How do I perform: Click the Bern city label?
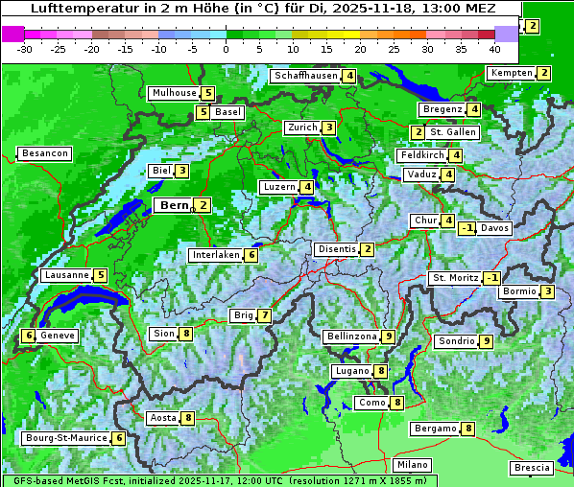click(x=175, y=205)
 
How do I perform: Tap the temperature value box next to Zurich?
click(x=329, y=128)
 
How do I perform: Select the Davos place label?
click(x=495, y=228)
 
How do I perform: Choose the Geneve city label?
click(x=58, y=336)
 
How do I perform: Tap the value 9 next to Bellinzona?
click(x=388, y=336)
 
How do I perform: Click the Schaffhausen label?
click(x=305, y=76)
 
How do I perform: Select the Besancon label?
click(x=45, y=153)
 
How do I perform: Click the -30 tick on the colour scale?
click(x=25, y=49)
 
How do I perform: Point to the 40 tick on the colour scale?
click(x=494, y=49)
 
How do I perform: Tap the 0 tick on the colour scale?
click(x=226, y=49)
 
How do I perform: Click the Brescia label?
click(x=532, y=468)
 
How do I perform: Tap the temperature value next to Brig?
click(x=264, y=315)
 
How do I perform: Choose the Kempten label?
click(x=511, y=73)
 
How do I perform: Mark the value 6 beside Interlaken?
click(x=251, y=255)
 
